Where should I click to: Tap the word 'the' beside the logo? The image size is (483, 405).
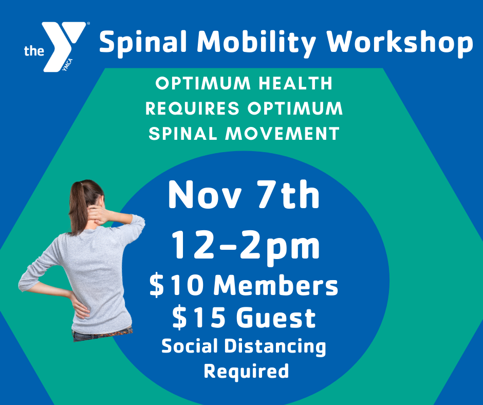click(34, 50)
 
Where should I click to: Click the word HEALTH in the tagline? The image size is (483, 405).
click(295, 83)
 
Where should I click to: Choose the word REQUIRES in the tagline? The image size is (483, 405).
click(192, 108)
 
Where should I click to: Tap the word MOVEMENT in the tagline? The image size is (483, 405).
click(282, 134)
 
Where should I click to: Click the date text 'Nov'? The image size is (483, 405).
click(205, 195)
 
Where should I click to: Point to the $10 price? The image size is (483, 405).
click(176, 285)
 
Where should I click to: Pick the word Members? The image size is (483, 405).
click(276, 285)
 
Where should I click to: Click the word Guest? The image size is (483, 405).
click(276, 318)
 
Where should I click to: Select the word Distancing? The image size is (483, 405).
click(275, 347)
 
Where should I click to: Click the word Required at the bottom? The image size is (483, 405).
click(246, 371)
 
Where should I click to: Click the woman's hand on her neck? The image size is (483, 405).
click(97, 214)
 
